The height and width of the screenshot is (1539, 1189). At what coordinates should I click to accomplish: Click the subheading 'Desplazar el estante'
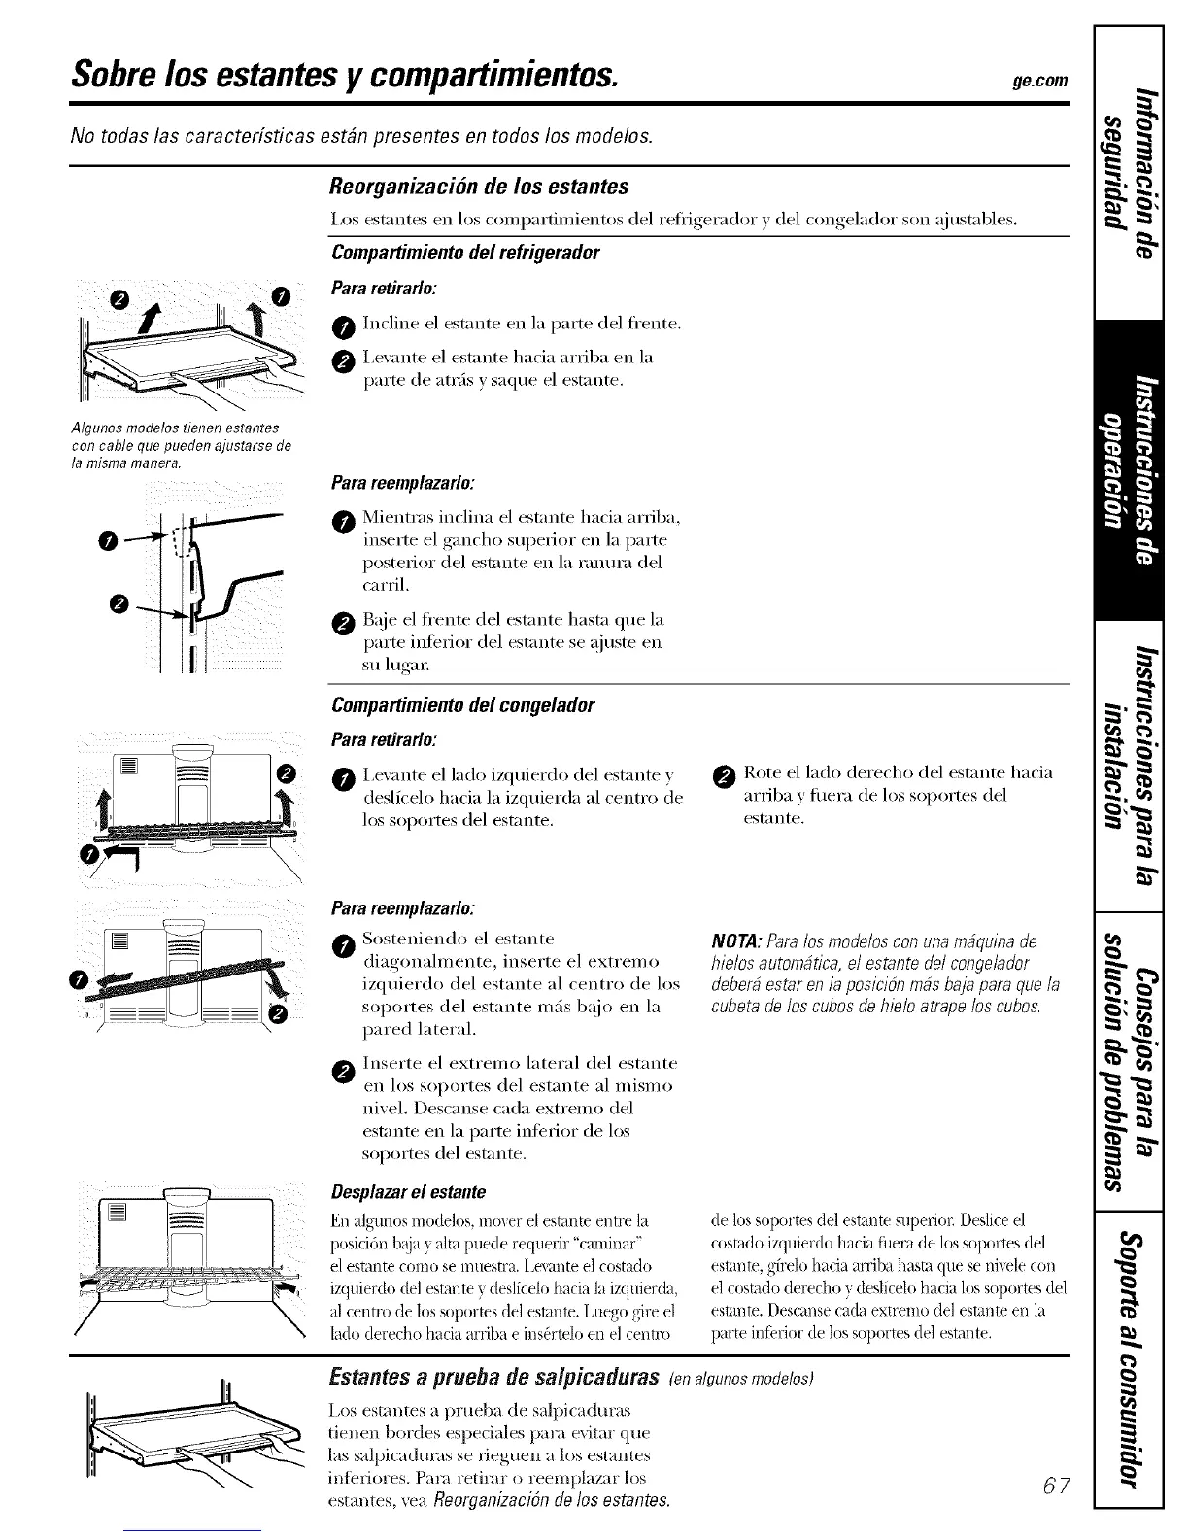[x=408, y=1192]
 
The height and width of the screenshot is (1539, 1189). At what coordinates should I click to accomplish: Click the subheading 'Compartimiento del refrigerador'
[x=465, y=253]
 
